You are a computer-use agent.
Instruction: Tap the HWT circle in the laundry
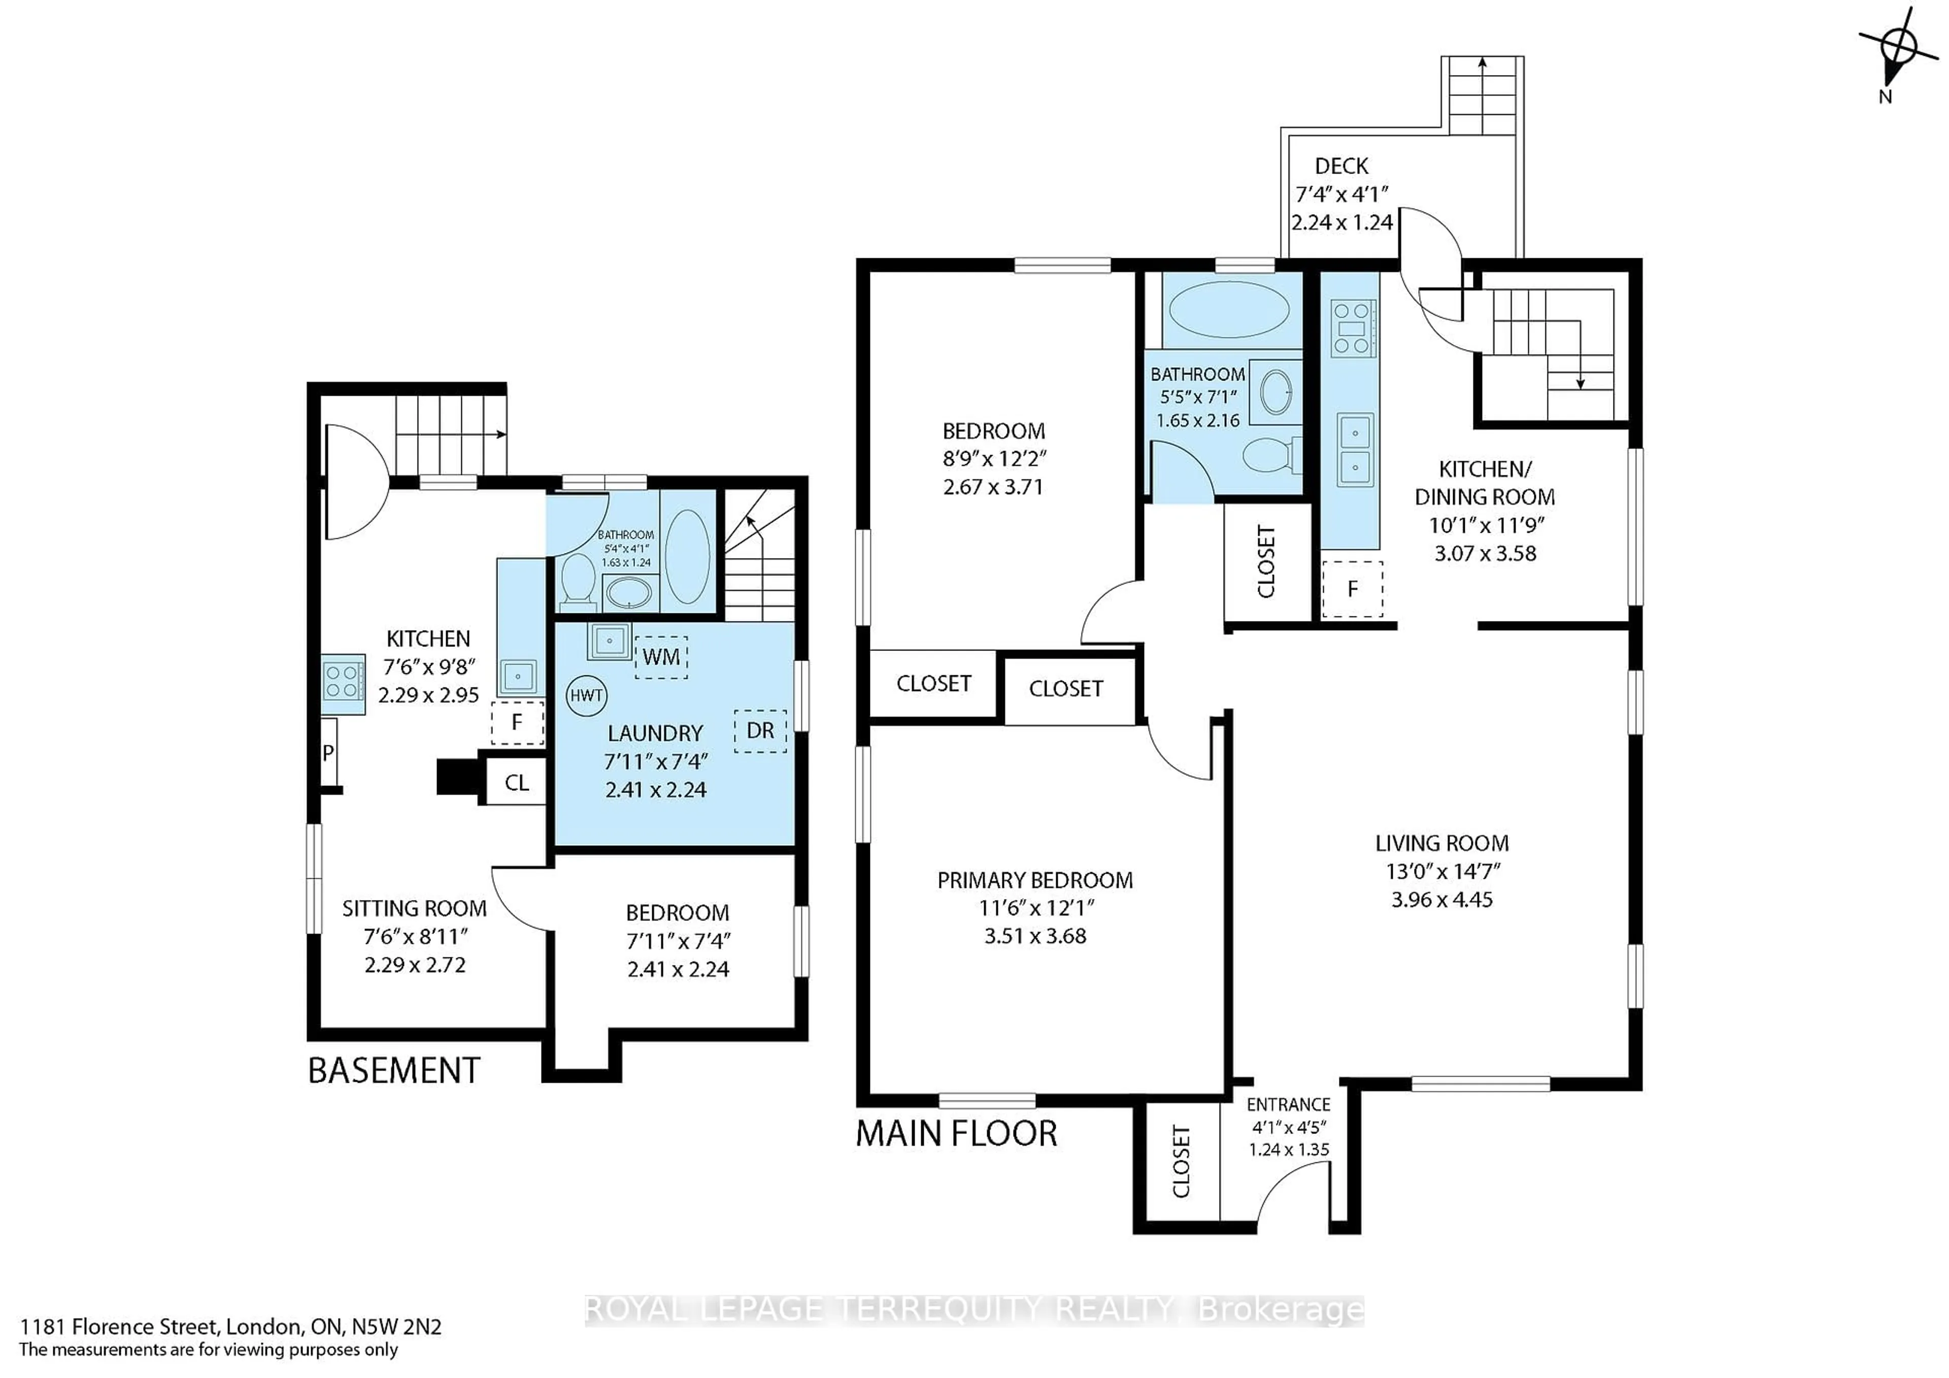pos(586,696)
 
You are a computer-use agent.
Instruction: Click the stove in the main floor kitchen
pos(1353,328)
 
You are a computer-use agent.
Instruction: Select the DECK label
pos(1341,166)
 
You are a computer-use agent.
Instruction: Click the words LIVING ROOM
pos(1441,843)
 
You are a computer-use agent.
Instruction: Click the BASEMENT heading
pos(394,1071)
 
